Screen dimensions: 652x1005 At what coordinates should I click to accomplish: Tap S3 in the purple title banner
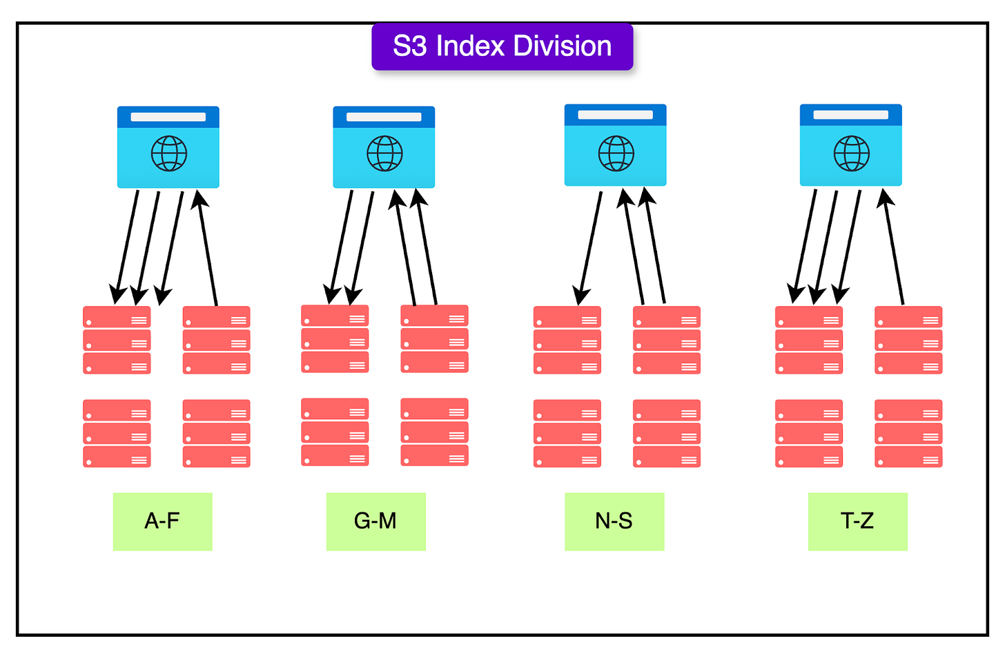point(410,46)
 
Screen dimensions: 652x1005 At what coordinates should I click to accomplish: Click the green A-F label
point(162,521)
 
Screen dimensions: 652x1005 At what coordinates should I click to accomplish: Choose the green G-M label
point(375,521)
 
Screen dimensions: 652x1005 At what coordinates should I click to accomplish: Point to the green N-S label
point(614,521)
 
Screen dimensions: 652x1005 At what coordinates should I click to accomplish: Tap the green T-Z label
point(857,521)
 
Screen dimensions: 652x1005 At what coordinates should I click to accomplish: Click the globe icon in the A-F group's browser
point(169,153)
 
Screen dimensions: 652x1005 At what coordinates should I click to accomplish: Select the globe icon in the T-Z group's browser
point(851,153)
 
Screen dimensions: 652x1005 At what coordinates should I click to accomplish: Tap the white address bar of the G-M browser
point(384,117)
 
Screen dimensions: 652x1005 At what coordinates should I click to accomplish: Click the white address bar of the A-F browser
point(168,117)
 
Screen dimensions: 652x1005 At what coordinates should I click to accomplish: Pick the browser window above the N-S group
point(615,145)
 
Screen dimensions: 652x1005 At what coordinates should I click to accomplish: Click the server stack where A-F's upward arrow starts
point(216,341)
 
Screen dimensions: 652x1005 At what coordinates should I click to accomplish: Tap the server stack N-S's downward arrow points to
point(567,341)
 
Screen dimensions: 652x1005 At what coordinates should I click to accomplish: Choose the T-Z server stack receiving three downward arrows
point(808,341)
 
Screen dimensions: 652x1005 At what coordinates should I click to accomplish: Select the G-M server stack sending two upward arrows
point(434,339)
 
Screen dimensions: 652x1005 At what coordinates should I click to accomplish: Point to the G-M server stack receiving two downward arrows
point(335,339)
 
